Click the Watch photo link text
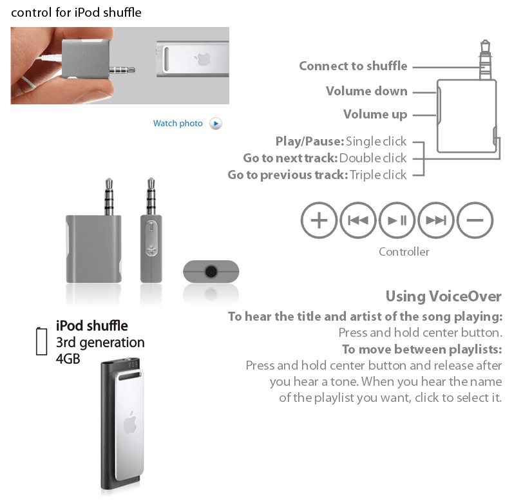178,124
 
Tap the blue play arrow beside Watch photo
216,124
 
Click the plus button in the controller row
319,220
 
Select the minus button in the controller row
475,220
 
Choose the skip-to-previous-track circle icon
358,220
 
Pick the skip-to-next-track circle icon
436,220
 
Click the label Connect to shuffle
353,66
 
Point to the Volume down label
366,91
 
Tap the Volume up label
376,115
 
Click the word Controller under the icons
404,252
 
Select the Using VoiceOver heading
444,296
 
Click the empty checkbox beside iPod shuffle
41,341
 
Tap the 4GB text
68,359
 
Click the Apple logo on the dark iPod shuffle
129,423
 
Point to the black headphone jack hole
211,272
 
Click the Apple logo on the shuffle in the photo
203,59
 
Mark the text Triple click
378,175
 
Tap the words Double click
373,158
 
